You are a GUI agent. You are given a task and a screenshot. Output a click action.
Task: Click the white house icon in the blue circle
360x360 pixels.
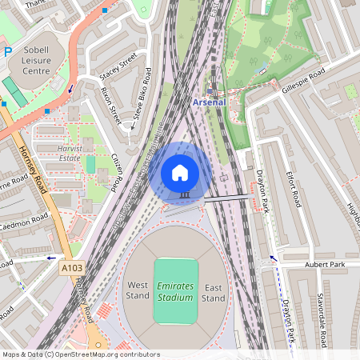click(x=180, y=172)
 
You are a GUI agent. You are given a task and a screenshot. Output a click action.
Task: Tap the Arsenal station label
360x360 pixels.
click(x=210, y=102)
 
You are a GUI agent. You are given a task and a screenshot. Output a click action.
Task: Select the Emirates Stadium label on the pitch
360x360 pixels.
click(x=175, y=291)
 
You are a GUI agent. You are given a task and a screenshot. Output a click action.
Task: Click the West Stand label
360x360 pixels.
click(x=138, y=290)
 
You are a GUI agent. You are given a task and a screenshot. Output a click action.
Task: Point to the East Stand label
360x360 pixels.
click(x=213, y=293)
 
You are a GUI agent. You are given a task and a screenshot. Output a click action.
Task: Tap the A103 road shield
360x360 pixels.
click(x=72, y=269)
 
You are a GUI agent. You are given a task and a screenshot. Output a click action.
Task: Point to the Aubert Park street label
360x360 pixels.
click(x=325, y=264)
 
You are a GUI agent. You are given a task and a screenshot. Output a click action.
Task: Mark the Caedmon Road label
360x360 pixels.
click(x=24, y=221)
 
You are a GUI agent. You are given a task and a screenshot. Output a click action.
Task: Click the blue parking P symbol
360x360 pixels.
click(x=8, y=51)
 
